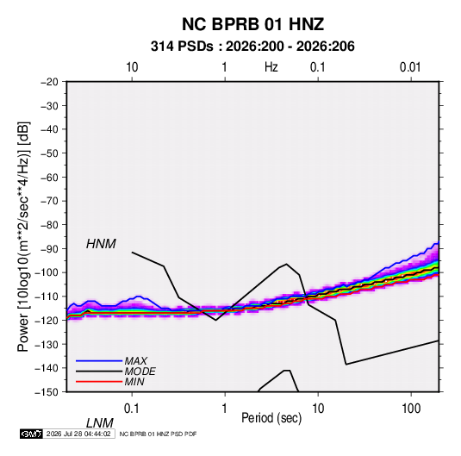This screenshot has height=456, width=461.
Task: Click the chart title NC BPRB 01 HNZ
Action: click(x=252, y=24)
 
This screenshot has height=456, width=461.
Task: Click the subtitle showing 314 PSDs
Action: click(x=252, y=47)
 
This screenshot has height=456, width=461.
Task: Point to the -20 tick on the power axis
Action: click(x=49, y=82)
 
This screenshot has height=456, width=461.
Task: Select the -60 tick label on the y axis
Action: click(x=49, y=177)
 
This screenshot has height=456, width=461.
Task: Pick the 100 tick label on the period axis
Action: click(x=411, y=409)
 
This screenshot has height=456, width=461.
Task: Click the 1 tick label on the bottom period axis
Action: click(x=225, y=409)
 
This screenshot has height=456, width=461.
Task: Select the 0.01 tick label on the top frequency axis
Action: click(x=410, y=67)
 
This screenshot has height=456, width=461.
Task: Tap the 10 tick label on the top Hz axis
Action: click(x=132, y=67)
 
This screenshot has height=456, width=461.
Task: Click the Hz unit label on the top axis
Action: click(x=271, y=67)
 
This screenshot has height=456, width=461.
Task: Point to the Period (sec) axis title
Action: click(x=271, y=418)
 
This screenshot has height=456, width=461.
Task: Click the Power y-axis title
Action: click(x=23, y=237)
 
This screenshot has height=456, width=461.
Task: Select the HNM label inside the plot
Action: click(x=101, y=244)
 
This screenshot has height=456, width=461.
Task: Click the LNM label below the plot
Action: click(x=100, y=423)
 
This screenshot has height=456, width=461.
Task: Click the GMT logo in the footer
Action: click(x=31, y=434)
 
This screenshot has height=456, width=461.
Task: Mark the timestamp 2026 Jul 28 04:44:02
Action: click(x=78, y=434)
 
